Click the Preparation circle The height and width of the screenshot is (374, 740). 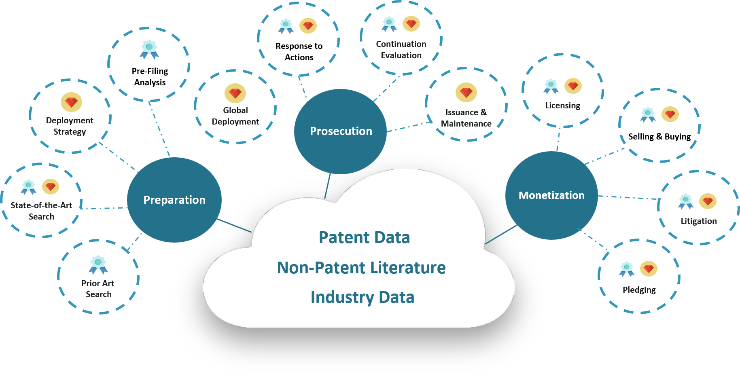(x=174, y=200)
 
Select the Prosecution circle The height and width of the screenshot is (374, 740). (x=340, y=131)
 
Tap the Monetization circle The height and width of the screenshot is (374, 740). (x=551, y=195)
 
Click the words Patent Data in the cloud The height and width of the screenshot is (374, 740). (x=364, y=237)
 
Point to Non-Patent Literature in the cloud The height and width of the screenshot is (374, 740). (x=361, y=268)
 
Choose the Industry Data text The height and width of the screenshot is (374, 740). (x=363, y=297)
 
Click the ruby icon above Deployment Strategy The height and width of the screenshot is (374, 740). (x=71, y=102)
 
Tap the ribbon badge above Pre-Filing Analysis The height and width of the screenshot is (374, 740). (x=149, y=49)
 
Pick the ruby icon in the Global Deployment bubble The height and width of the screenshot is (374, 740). (x=235, y=93)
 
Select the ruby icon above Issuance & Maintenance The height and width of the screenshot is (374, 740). (x=466, y=92)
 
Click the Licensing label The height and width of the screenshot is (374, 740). (x=562, y=106)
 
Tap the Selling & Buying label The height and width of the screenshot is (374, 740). (x=659, y=137)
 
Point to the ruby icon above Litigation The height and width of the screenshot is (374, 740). (x=708, y=201)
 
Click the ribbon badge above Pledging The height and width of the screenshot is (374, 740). (x=626, y=269)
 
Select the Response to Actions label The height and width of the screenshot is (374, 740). (x=299, y=52)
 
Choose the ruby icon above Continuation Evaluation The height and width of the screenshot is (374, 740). (x=411, y=24)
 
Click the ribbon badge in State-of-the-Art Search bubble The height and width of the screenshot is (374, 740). (x=28, y=187)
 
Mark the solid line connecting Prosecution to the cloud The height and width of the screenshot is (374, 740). (x=327, y=186)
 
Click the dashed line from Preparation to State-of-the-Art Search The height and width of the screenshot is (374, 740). (x=104, y=208)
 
